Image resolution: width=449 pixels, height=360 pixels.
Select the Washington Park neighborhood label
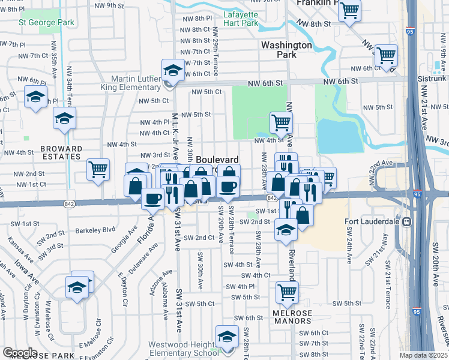pos(286,50)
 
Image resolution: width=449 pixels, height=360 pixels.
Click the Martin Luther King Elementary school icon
pos(172,70)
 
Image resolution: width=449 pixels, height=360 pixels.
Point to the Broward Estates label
pos(61,152)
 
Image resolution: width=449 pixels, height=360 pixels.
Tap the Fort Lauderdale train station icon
pos(407,221)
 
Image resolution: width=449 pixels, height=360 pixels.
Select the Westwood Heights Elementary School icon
pos(226,337)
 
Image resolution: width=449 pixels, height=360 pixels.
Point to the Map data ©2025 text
pos(424,355)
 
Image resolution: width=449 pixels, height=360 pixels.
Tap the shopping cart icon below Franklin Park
pos(349,10)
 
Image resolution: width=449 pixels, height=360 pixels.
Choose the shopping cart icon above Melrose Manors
pos(287,292)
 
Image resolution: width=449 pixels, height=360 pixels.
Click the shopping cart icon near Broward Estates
pos(98,169)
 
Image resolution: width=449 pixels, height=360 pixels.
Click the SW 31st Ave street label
pos(179,310)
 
